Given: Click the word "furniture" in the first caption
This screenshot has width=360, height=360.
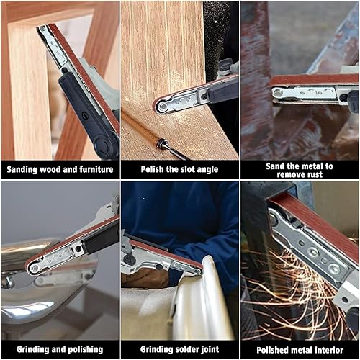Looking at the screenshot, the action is click(x=96, y=169).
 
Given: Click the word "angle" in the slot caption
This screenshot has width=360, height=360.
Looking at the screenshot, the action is click(x=207, y=170).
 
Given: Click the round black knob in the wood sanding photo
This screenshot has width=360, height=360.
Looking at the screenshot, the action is click(x=104, y=145).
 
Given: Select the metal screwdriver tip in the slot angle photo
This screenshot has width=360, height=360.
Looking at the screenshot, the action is click(x=172, y=150).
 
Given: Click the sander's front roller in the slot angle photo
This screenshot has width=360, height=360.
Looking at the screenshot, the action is click(x=163, y=106).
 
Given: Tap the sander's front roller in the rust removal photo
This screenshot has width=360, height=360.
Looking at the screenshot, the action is click(x=278, y=92).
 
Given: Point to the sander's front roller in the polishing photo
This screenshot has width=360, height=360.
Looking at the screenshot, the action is click(x=35, y=268).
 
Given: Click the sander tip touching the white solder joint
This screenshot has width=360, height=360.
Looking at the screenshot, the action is click(x=197, y=271).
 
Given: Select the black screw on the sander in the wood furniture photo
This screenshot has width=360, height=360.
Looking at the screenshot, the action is click(x=84, y=115).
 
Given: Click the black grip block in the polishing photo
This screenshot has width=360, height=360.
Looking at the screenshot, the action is click(x=101, y=238).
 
